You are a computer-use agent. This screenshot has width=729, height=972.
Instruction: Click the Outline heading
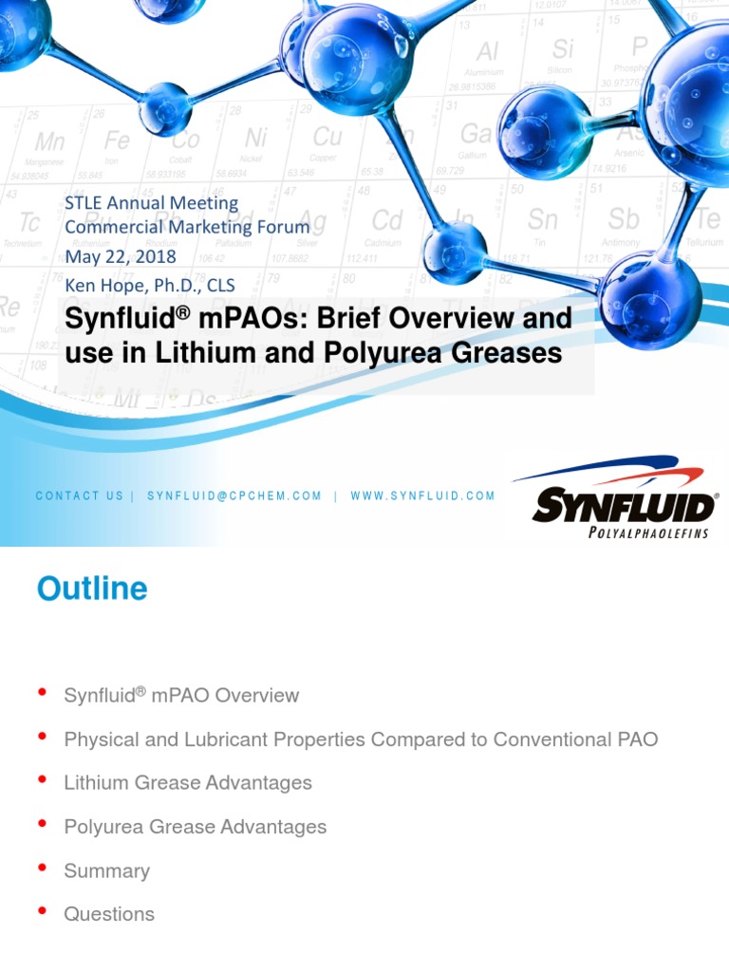pos(92,589)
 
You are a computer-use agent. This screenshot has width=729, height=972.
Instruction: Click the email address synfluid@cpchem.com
pos(234,495)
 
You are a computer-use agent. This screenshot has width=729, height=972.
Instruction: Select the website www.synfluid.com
pos(422,495)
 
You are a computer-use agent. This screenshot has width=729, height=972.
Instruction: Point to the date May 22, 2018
pos(120,256)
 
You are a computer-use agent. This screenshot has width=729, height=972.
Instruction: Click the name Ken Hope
pos(103,284)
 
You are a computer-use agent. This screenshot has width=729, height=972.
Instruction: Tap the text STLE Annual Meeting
pos(151,202)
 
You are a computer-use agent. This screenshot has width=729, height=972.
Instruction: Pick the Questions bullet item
pos(109,914)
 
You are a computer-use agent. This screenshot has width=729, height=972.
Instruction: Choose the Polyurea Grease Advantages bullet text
pos(195,827)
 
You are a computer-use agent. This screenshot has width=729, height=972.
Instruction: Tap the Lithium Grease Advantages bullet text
pos(188,783)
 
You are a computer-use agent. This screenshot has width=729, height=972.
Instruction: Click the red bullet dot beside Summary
pos(42,869)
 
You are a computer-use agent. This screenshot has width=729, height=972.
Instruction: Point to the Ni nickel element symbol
pos(255,139)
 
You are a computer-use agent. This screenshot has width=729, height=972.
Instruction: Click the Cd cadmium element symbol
pos(386,221)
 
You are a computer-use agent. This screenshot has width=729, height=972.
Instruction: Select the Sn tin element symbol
pos(543,220)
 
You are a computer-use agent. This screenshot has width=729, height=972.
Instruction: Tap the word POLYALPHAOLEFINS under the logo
pos(648,533)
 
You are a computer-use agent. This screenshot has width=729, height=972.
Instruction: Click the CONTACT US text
pos(80,495)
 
